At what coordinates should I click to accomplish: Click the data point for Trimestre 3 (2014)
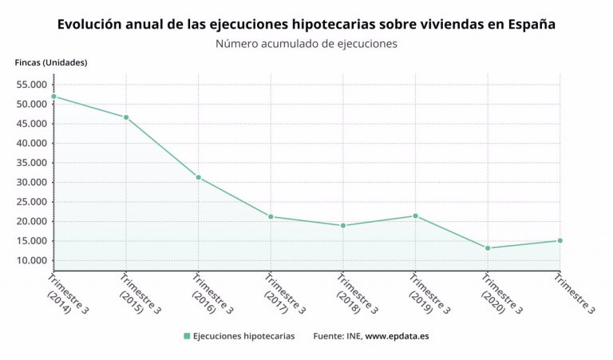pyautogui.click(x=53, y=97)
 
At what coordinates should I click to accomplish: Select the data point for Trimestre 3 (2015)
pyautogui.click(x=126, y=117)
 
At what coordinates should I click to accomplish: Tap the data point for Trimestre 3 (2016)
pyautogui.click(x=198, y=177)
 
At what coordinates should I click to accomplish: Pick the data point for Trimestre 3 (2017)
pyautogui.click(x=271, y=216)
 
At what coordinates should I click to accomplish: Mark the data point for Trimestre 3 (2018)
pyautogui.click(x=343, y=226)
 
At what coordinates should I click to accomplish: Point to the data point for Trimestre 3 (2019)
pyautogui.click(x=415, y=216)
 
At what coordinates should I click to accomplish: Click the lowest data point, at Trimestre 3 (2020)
pyautogui.click(x=488, y=248)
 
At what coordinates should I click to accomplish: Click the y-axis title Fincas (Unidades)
pyautogui.click(x=51, y=62)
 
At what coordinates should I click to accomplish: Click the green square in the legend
pyautogui.click(x=187, y=336)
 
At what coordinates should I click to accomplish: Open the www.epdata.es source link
pyautogui.click(x=397, y=336)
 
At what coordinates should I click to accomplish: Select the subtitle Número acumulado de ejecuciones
pyautogui.click(x=306, y=44)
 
